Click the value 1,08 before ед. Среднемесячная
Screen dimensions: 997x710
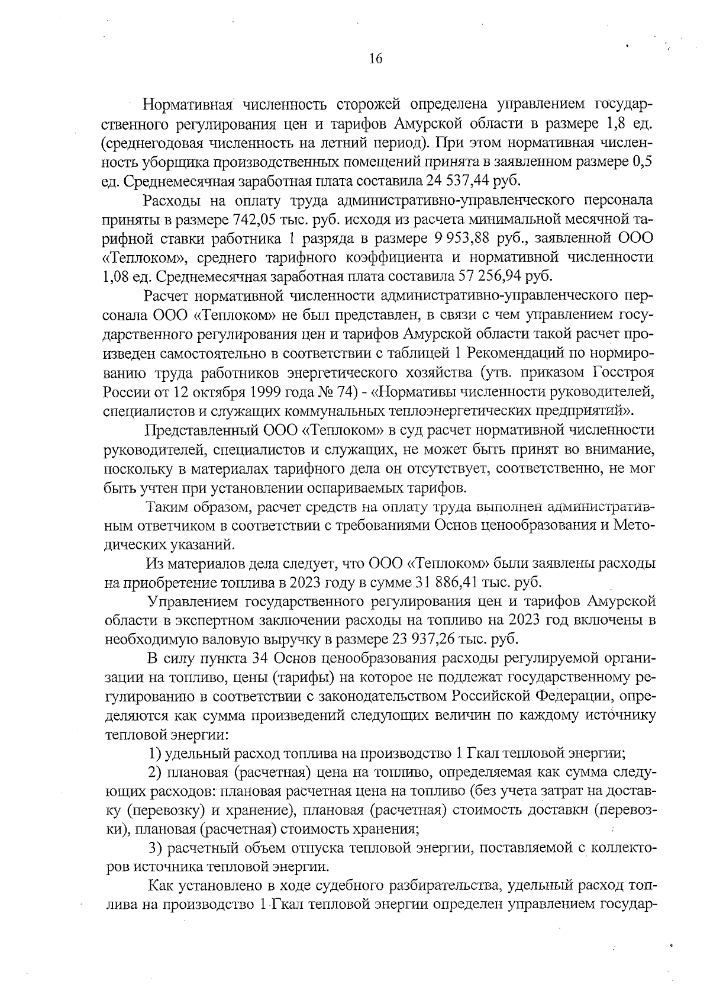click(116, 276)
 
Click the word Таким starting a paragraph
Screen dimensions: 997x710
click(169, 507)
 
